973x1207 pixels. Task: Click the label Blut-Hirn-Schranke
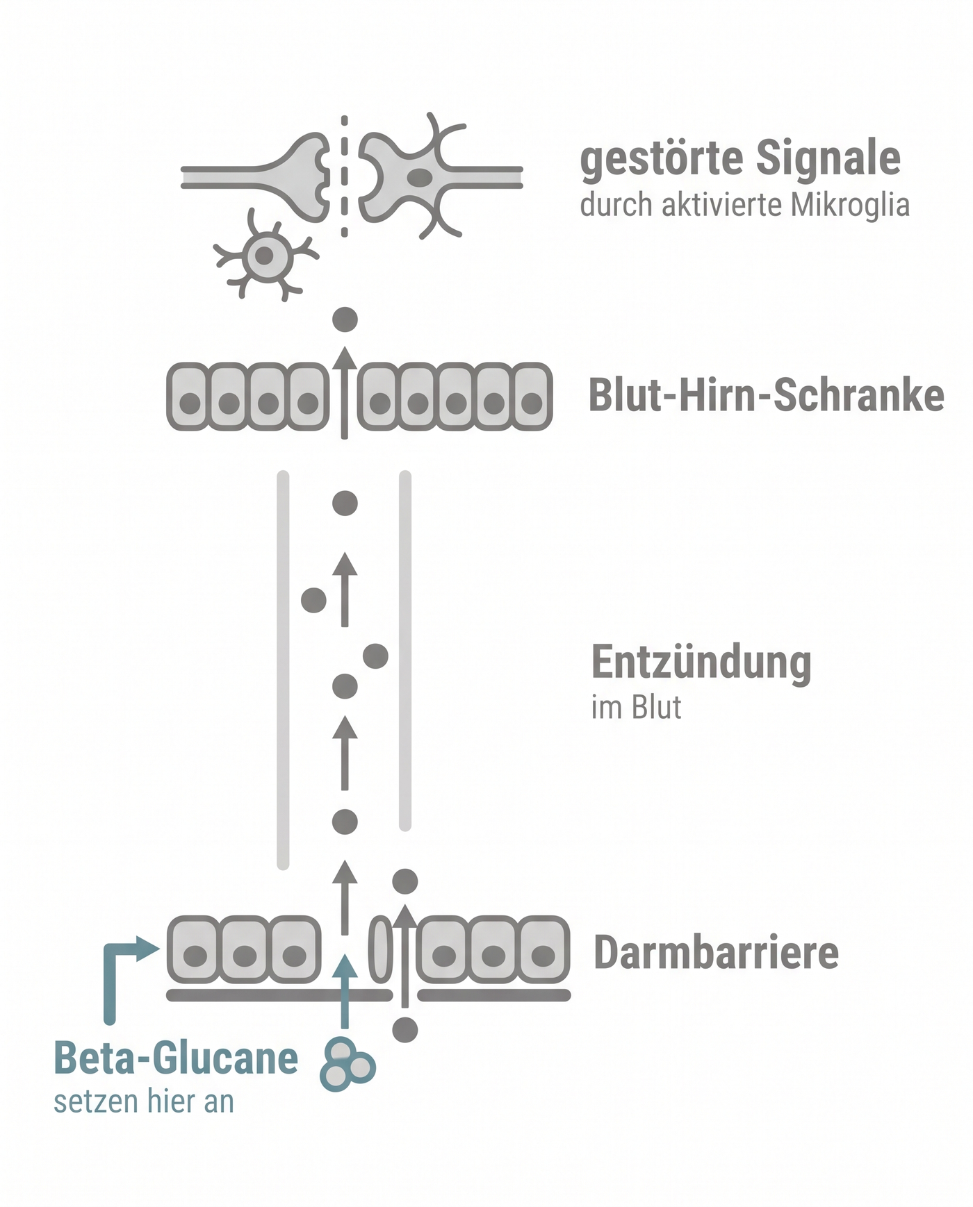tap(766, 396)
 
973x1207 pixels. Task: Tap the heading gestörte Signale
tap(740, 159)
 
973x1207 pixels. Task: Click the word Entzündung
tap(701, 663)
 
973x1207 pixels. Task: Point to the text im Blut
tap(636, 708)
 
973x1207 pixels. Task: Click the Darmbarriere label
tap(716, 952)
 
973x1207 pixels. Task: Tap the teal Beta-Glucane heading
tap(176, 1058)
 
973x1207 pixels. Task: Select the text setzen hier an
tap(144, 1102)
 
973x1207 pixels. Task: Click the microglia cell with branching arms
tap(264, 255)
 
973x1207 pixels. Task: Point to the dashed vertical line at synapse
tap(344, 177)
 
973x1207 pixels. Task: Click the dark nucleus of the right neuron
tap(419, 177)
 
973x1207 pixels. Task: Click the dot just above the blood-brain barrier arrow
tap(345, 319)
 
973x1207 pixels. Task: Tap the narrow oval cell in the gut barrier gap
tap(380, 949)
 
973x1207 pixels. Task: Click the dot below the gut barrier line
tap(405, 1029)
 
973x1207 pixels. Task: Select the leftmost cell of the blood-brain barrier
tap(189, 396)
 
